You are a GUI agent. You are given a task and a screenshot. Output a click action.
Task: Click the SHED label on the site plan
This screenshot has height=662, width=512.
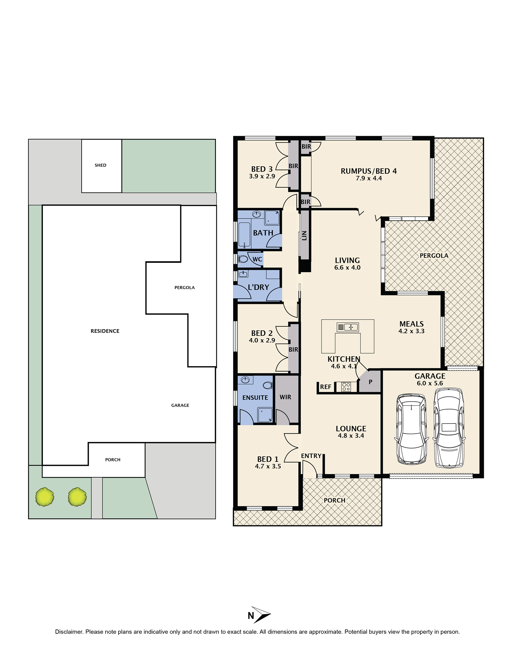point(100,165)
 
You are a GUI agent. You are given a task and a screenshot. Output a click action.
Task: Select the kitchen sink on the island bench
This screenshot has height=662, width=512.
point(348,327)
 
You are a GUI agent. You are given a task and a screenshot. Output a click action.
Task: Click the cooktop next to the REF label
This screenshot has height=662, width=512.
point(346,387)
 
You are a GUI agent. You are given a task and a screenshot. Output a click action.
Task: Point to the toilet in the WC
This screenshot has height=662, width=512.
point(243,259)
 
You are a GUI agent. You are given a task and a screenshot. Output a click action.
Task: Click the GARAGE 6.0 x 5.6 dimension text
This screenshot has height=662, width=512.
point(430,383)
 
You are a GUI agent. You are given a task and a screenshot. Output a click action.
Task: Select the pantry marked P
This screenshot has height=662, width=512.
point(370,382)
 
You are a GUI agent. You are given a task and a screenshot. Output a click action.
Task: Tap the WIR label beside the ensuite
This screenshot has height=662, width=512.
point(285,397)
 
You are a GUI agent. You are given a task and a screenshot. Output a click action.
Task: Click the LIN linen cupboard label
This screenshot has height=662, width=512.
point(304,236)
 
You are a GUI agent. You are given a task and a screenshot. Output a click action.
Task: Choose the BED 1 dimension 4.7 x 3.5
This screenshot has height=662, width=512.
point(268,466)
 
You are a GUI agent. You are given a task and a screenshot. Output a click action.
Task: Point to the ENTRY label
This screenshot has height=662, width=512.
point(311,456)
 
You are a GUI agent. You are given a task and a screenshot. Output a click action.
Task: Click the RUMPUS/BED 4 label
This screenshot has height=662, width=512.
point(369,171)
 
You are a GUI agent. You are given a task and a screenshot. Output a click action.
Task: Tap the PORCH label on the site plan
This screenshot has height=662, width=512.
point(113,460)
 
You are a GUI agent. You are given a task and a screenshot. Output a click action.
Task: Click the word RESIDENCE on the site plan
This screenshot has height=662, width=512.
point(105,331)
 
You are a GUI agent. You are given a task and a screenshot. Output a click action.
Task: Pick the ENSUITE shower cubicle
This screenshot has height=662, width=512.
point(265,415)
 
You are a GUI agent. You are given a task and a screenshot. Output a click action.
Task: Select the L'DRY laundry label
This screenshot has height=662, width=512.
point(259,287)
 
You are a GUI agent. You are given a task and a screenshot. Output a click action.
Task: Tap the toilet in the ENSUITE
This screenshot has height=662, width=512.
point(268,385)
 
